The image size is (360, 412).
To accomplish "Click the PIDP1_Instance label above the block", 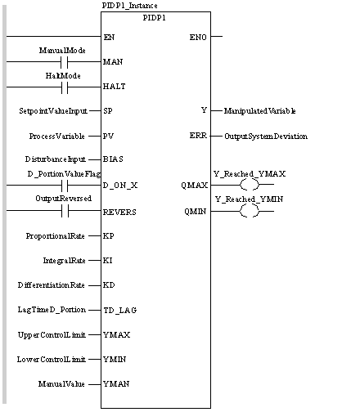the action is click(129, 6).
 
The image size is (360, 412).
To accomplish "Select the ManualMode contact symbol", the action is click(65, 62).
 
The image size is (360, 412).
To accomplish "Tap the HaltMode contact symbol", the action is click(65, 87).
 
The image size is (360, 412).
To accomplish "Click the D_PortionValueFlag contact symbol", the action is click(65, 186).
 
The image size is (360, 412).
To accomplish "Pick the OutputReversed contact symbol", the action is click(65, 211).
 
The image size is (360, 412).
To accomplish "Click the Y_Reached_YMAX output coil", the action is click(250, 185).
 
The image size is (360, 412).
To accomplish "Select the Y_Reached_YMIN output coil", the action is click(250, 211).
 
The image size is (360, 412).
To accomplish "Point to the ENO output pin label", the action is click(198, 37).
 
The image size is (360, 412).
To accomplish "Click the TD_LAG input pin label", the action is click(120, 310).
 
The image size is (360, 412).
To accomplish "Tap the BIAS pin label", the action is click(113, 159).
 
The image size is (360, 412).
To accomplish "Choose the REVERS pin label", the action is click(119, 212).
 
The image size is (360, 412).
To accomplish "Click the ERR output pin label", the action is click(198, 136).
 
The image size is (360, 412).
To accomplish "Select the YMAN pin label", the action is click(116, 384).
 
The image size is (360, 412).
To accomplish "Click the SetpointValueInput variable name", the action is click(53, 111).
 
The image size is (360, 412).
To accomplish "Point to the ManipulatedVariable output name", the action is click(260, 111).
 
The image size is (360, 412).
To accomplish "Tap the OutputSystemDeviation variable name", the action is click(266, 137).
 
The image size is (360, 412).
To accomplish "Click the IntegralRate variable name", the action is click(65, 261).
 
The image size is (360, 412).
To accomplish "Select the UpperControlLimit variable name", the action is click(52, 335).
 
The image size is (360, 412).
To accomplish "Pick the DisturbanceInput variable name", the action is click(56, 159).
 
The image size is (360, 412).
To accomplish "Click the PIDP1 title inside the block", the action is click(155, 18).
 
